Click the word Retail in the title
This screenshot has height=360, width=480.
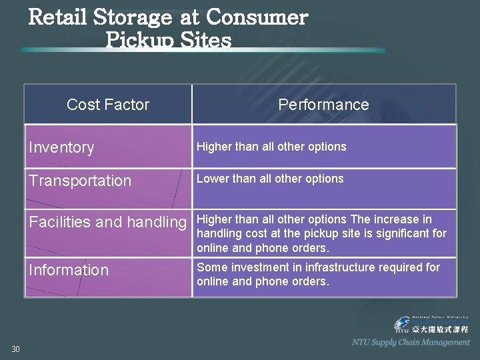[59, 17]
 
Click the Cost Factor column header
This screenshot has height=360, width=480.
[108, 105]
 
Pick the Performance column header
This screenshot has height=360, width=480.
[323, 105]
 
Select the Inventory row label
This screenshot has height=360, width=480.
[61, 147]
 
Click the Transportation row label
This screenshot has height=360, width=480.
[80, 181]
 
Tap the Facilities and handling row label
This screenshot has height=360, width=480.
[107, 222]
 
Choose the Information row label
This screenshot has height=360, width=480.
[68, 270]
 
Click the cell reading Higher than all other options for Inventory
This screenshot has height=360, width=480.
[271, 147]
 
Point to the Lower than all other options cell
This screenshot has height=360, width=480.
[270, 179]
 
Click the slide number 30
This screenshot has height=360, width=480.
[16, 349]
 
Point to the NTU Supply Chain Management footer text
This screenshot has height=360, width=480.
[411, 342]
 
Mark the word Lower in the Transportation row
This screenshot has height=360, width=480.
[211, 179]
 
